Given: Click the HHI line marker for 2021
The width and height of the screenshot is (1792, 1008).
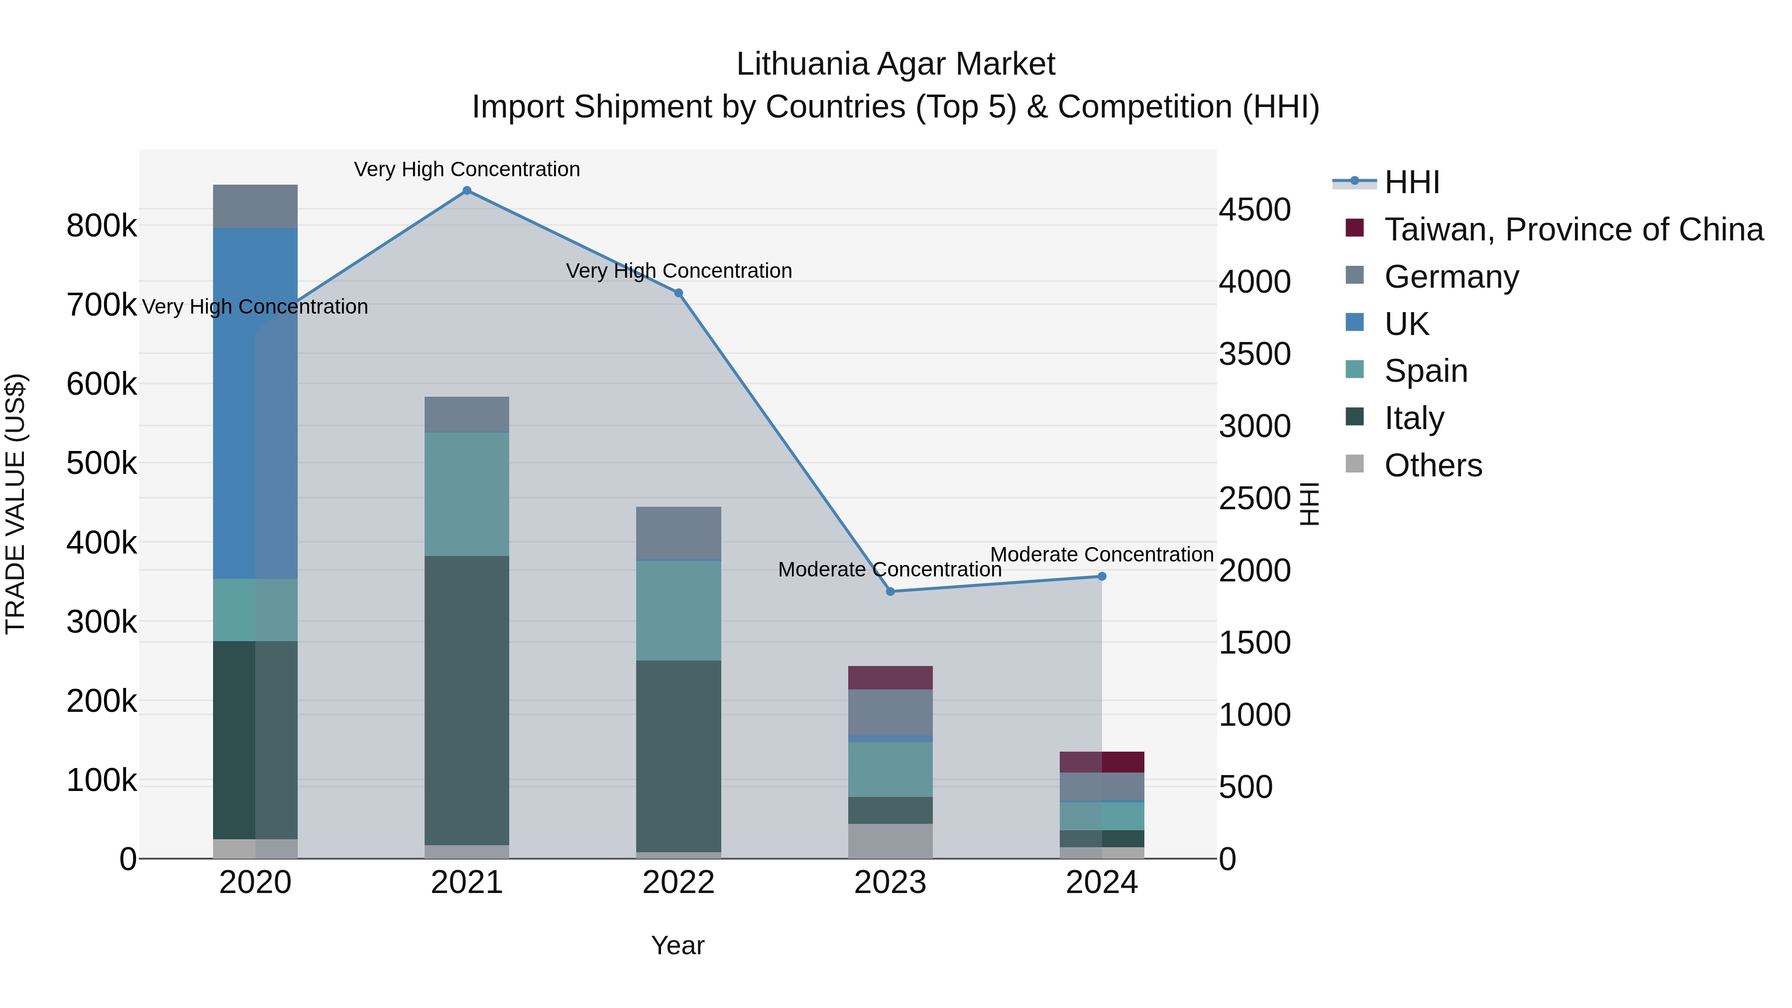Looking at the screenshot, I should point(467,191).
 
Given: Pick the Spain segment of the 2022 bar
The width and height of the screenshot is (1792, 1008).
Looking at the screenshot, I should point(678,610).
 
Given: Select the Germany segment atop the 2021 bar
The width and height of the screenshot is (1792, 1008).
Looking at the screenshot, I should point(467,415).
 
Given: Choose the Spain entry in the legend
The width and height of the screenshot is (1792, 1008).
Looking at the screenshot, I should point(1426,371).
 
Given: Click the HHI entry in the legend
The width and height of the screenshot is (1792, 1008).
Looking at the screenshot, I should point(1412,182).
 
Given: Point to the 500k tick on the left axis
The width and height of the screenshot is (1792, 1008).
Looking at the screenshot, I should point(102,462).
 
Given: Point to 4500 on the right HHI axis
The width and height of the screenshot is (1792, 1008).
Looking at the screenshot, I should point(1254,210).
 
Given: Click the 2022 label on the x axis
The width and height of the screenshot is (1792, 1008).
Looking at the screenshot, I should point(678,883).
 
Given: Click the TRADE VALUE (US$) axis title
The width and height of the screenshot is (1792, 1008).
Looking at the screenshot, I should point(15,504).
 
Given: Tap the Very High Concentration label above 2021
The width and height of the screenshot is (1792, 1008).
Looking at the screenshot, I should point(467,169).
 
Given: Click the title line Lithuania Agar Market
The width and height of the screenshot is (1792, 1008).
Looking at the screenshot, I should point(896,64).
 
